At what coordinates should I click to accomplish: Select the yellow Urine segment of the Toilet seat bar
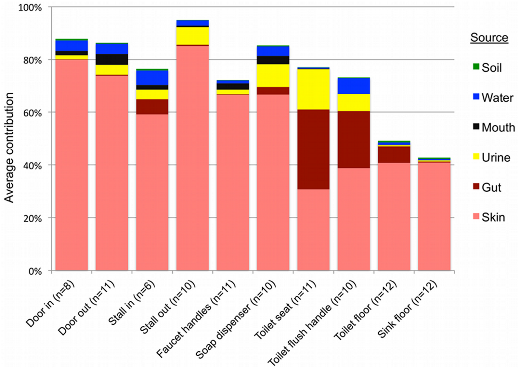(x=313, y=89)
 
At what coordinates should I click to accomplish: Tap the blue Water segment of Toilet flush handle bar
(x=354, y=86)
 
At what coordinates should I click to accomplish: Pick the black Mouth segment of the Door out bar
(x=111, y=59)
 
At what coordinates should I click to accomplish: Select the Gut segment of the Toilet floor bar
(x=394, y=155)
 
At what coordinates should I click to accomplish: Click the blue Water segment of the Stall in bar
(x=152, y=78)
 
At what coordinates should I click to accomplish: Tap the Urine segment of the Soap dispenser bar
(x=273, y=75)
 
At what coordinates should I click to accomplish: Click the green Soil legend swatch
(x=476, y=67)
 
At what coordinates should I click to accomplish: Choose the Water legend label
(x=497, y=98)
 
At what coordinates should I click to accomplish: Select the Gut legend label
(x=491, y=187)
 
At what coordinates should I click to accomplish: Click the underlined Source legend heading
(x=489, y=37)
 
